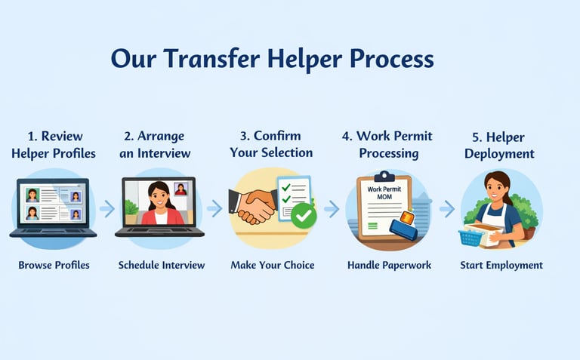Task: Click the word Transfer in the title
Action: pos(212,59)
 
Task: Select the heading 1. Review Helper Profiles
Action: pos(54,145)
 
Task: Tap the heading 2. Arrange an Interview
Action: pos(155,144)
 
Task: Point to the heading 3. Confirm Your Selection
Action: pos(271,144)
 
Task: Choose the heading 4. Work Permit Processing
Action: pos(387,144)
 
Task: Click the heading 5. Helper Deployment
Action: pos(499,145)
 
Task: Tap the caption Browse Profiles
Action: pos(54,265)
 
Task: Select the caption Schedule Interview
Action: pos(162,265)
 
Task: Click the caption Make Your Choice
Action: pos(273,265)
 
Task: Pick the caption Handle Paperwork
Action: pos(390,265)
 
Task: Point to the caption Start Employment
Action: pos(501,265)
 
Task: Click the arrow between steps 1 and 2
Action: pos(107,209)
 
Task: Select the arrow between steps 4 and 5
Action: pos(447,209)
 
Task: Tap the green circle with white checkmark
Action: pos(304,216)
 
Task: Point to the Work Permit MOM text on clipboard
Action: pos(384,193)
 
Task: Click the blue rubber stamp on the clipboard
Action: pos(403,226)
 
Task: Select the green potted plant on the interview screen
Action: pos(131,211)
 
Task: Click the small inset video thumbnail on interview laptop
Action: pos(181,189)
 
